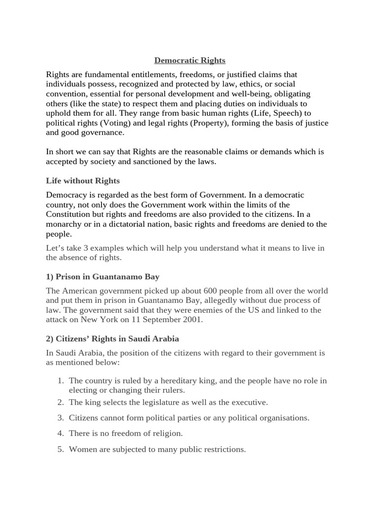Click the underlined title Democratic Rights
tap(190, 60)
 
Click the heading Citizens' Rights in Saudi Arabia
tap(112, 339)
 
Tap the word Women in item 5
tap(81, 449)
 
